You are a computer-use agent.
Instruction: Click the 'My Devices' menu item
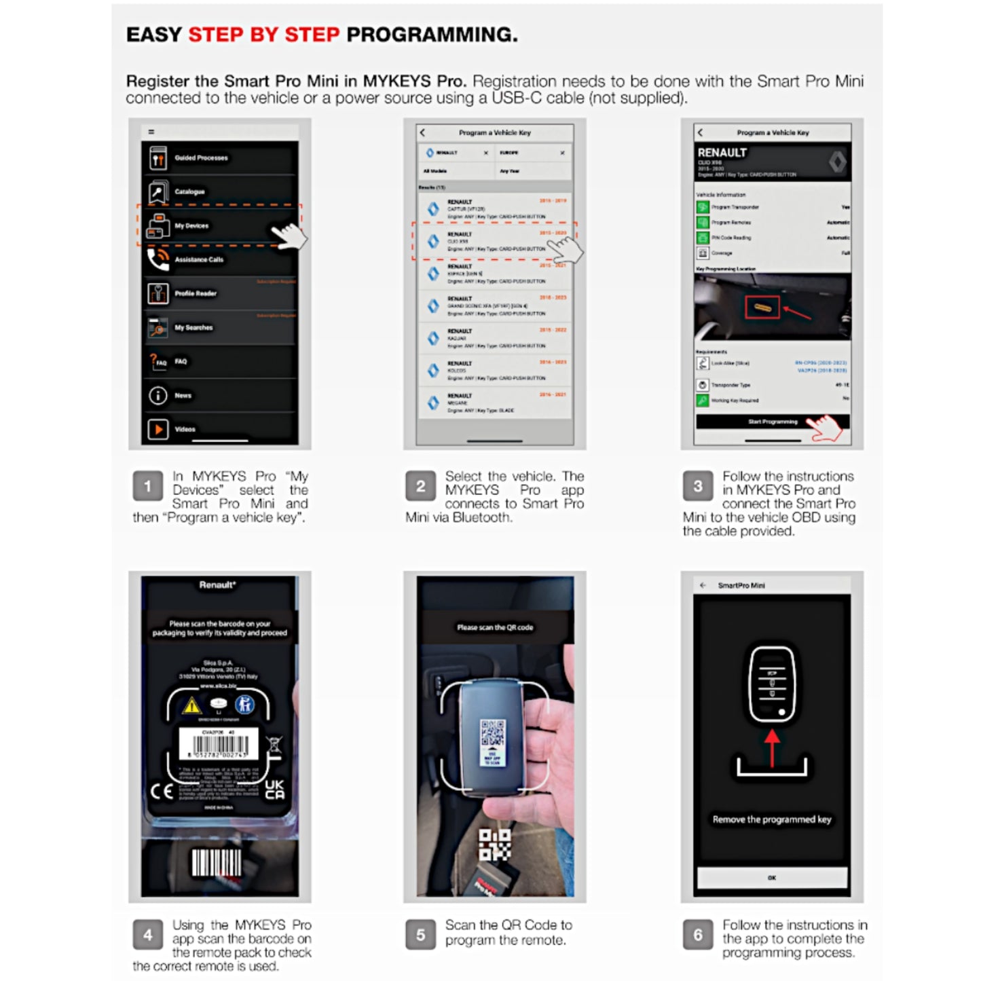[x=191, y=226]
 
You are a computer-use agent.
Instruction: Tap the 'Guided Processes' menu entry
[x=201, y=158]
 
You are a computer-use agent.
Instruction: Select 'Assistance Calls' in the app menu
[x=198, y=260]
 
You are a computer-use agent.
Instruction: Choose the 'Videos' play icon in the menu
[x=158, y=429]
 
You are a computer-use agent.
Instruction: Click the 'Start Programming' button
[x=772, y=422]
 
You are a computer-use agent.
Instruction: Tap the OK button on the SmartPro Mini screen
[x=772, y=878]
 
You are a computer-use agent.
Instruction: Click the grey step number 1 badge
[x=147, y=486]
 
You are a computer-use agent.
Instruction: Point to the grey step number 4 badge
[x=147, y=936]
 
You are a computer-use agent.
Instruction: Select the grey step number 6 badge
[x=697, y=936]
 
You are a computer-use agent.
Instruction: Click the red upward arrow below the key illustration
[x=772, y=747]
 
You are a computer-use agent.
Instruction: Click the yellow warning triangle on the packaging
[x=192, y=706]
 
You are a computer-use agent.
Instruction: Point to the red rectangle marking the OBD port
[x=762, y=308]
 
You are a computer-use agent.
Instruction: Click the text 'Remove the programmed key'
[x=772, y=819]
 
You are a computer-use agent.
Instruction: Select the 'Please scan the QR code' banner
[x=495, y=627]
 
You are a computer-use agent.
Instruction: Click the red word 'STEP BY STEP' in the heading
[x=263, y=35]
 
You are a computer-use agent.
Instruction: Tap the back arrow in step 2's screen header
[x=422, y=132]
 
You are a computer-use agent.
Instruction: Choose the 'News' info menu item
[x=183, y=395]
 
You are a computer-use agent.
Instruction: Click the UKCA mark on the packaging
[x=275, y=790]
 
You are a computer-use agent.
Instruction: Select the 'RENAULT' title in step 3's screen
[x=722, y=153]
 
